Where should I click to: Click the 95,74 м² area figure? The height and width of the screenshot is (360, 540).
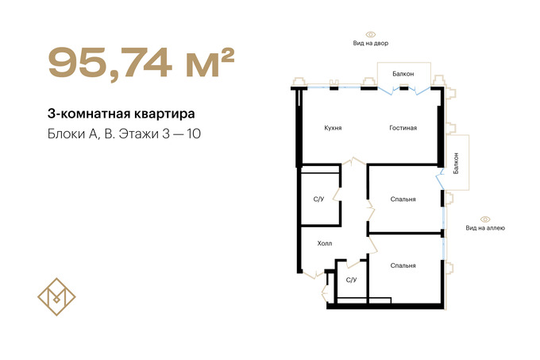tap(141, 64)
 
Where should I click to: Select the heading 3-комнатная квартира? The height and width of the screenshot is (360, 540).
tap(121, 114)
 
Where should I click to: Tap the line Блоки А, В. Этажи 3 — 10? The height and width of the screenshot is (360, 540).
tap(124, 134)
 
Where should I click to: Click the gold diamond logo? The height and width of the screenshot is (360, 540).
tap(56, 296)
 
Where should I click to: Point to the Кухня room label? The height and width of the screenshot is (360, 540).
tap(333, 128)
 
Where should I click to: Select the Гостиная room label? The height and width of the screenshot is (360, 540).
tap(403, 128)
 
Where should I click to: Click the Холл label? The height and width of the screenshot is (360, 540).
tap(325, 243)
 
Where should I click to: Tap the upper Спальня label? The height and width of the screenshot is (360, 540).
tap(403, 199)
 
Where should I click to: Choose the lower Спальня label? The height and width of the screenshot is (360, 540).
tap(403, 265)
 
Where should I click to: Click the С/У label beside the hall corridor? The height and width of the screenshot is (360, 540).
tap(318, 199)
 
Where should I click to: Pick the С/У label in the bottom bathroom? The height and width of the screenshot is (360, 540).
tap(351, 280)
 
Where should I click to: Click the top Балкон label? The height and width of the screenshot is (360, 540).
tap(403, 74)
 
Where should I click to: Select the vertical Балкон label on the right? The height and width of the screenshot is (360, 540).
tap(456, 163)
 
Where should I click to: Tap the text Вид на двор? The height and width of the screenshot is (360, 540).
tap(371, 43)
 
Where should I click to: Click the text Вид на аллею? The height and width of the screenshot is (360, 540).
tap(485, 228)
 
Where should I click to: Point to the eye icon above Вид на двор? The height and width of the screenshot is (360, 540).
tap(371, 34)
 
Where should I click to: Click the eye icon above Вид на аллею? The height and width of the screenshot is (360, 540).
tap(485, 219)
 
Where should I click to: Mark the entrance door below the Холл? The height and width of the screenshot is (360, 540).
tap(314, 274)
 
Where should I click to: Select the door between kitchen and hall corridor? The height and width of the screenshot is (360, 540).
tap(353, 161)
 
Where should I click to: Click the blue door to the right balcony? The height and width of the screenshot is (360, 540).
tap(440, 179)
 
